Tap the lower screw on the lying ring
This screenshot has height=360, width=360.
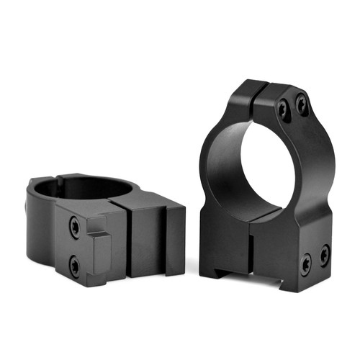click(74, 266)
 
